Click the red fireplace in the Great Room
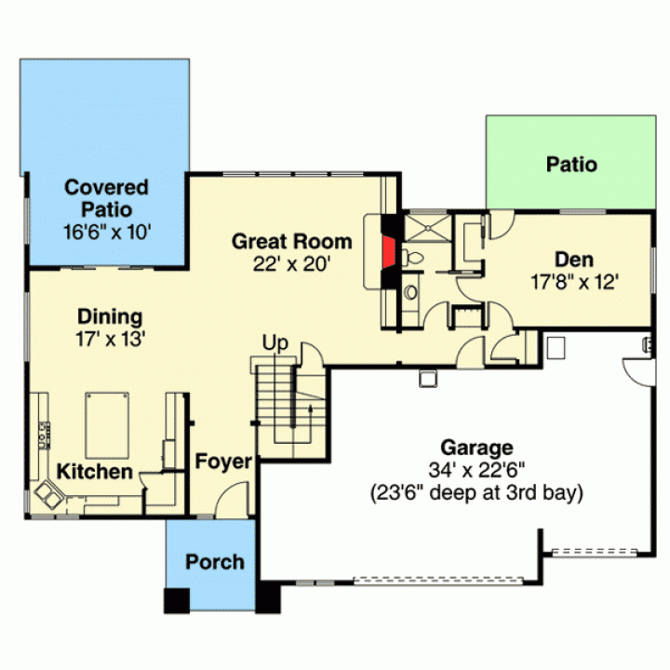(x=388, y=252)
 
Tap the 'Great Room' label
(x=292, y=241)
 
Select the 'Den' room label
(x=574, y=260)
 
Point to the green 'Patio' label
(x=571, y=165)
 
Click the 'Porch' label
(x=215, y=562)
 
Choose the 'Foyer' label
(x=223, y=462)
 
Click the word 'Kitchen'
(x=94, y=472)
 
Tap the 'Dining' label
(x=110, y=316)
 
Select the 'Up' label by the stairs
(x=275, y=343)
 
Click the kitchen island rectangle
(x=107, y=425)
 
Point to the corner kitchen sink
(x=47, y=494)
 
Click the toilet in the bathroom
(x=412, y=258)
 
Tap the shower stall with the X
(x=428, y=229)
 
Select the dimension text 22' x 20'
(x=292, y=264)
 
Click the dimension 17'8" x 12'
(x=575, y=282)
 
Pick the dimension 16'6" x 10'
(x=107, y=232)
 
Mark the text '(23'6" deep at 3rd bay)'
(x=476, y=492)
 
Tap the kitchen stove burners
(x=44, y=435)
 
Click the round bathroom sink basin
(x=411, y=292)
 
